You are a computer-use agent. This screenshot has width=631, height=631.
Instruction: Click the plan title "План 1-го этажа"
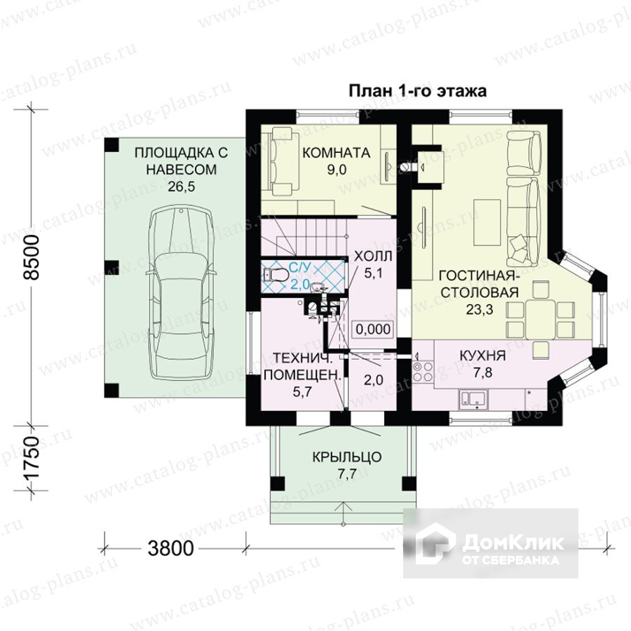click(x=417, y=91)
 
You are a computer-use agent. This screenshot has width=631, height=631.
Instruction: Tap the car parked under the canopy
click(x=181, y=292)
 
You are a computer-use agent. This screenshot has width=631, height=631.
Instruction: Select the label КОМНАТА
click(x=336, y=153)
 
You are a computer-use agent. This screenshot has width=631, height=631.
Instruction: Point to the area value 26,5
click(x=182, y=186)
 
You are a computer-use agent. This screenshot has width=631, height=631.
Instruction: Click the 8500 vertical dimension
click(x=32, y=257)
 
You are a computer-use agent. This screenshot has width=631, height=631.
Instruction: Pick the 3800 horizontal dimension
click(x=170, y=548)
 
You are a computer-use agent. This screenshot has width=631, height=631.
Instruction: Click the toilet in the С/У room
click(x=276, y=275)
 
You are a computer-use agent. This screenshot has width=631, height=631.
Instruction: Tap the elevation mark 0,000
click(x=374, y=330)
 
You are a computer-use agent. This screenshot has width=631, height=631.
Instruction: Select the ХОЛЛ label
click(x=373, y=256)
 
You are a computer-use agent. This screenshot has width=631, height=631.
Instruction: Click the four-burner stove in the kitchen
click(x=423, y=372)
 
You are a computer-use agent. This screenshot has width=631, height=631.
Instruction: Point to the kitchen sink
click(x=473, y=399)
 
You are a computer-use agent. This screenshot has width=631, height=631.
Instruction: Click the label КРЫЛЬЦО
click(x=347, y=457)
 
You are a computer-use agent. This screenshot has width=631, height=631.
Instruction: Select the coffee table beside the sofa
click(x=487, y=222)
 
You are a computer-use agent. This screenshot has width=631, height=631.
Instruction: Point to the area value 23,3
click(x=480, y=309)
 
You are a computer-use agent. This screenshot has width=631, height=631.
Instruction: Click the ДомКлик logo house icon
click(x=435, y=543)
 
